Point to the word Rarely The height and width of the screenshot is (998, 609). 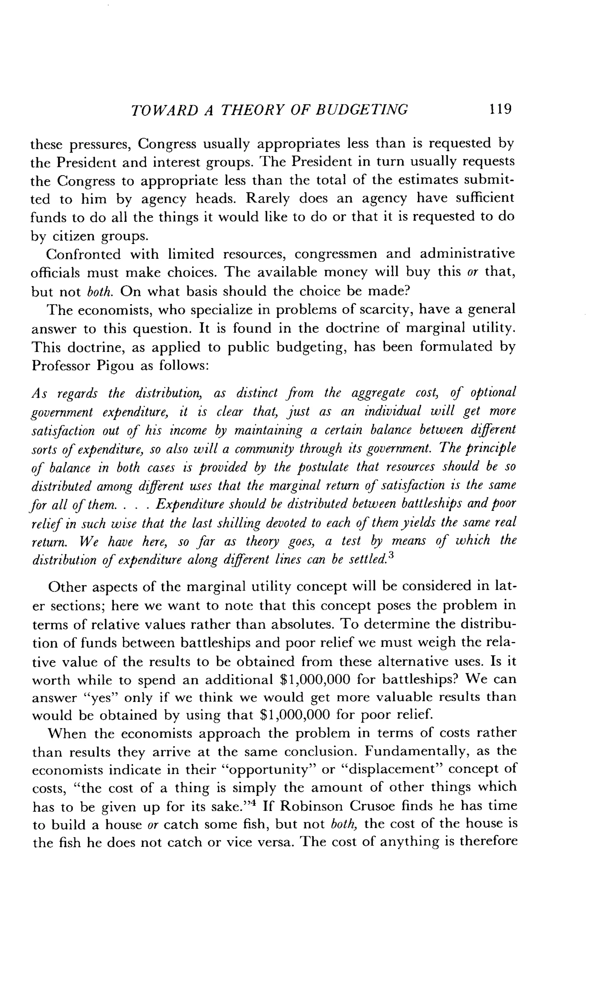(x=264, y=198)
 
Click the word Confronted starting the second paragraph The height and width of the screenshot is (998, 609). (x=84, y=254)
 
